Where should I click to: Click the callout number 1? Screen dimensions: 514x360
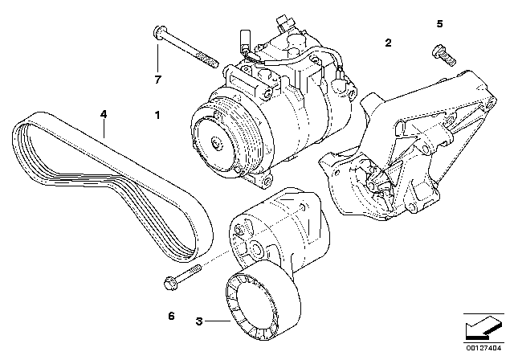(157, 115)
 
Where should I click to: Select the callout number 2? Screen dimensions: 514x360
(388, 43)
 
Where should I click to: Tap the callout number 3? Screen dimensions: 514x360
(199, 321)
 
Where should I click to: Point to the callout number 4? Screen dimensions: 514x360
(104, 114)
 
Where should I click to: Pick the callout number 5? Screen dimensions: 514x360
(439, 23)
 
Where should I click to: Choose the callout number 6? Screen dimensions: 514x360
(171, 316)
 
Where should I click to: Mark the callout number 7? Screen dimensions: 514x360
(158, 80)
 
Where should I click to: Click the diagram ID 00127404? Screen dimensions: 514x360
(483, 348)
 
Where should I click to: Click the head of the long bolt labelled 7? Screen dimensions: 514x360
(157, 32)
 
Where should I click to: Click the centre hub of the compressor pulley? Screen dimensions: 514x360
(217, 143)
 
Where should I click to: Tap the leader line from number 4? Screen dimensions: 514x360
(104, 129)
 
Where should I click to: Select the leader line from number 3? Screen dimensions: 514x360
(218, 321)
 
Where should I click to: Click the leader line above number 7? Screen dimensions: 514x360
(157, 58)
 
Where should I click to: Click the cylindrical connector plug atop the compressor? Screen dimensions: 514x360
(245, 39)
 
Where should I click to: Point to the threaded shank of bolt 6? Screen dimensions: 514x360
(189, 272)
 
